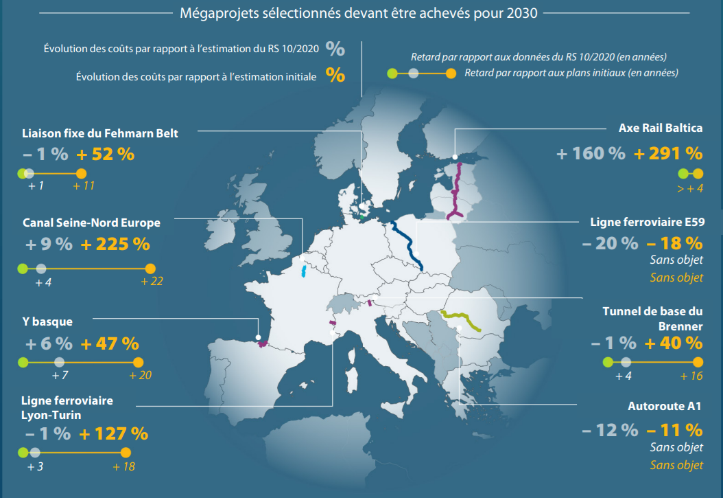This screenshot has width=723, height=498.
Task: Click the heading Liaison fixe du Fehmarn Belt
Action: pyautogui.click(x=99, y=133)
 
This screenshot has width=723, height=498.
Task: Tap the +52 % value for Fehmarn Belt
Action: pyautogui.click(x=105, y=154)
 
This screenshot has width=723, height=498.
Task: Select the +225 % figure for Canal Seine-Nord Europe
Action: pyautogui.click(x=115, y=243)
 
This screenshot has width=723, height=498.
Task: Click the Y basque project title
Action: pyautogui.click(x=47, y=321)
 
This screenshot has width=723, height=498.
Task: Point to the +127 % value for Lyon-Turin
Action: pyautogui.click(x=113, y=433)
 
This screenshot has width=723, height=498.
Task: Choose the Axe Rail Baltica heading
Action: pyautogui.click(x=661, y=128)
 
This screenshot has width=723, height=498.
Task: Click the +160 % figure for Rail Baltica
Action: pyautogui.click(x=591, y=153)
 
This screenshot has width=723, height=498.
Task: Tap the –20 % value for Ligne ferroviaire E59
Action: pyautogui.click(x=610, y=242)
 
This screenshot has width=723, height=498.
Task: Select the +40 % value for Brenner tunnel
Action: pyautogui.click(x=673, y=342)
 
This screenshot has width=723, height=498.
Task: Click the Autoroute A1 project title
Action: pyautogui.click(x=665, y=406)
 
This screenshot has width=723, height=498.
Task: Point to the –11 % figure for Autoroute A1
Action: pyautogui.click(x=674, y=430)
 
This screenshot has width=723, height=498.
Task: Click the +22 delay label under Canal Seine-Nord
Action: pyautogui.click(x=152, y=282)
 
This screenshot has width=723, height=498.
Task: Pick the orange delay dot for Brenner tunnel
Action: pyautogui.click(x=698, y=362)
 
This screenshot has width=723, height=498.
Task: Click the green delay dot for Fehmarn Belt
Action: pyautogui.click(x=23, y=174)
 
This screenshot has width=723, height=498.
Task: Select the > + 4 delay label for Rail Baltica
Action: pyautogui.click(x=689, y=189)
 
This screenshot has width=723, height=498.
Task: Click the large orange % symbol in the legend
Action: pyautogui.click(x=335, y=76)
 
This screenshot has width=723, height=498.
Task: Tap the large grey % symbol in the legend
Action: pyautogui.click(x=335, y=49)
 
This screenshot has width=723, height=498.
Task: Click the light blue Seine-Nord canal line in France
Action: pyautogui.click(x=303, y=270)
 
